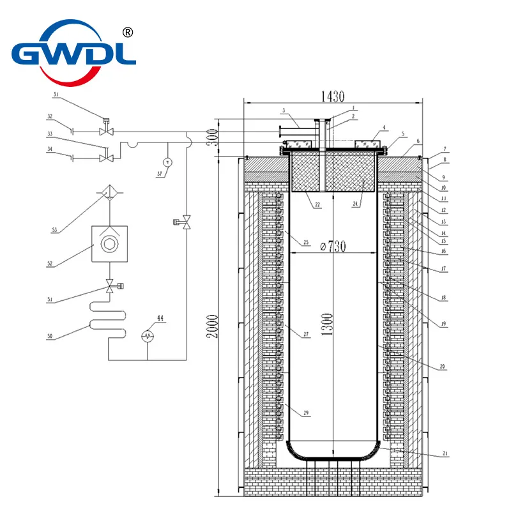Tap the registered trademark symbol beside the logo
tap(127, 32)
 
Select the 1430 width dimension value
tap(332, 97)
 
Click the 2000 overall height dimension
tap(217, 326)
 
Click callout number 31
tap(56, 95)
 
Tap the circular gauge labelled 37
tap(167, 162)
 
